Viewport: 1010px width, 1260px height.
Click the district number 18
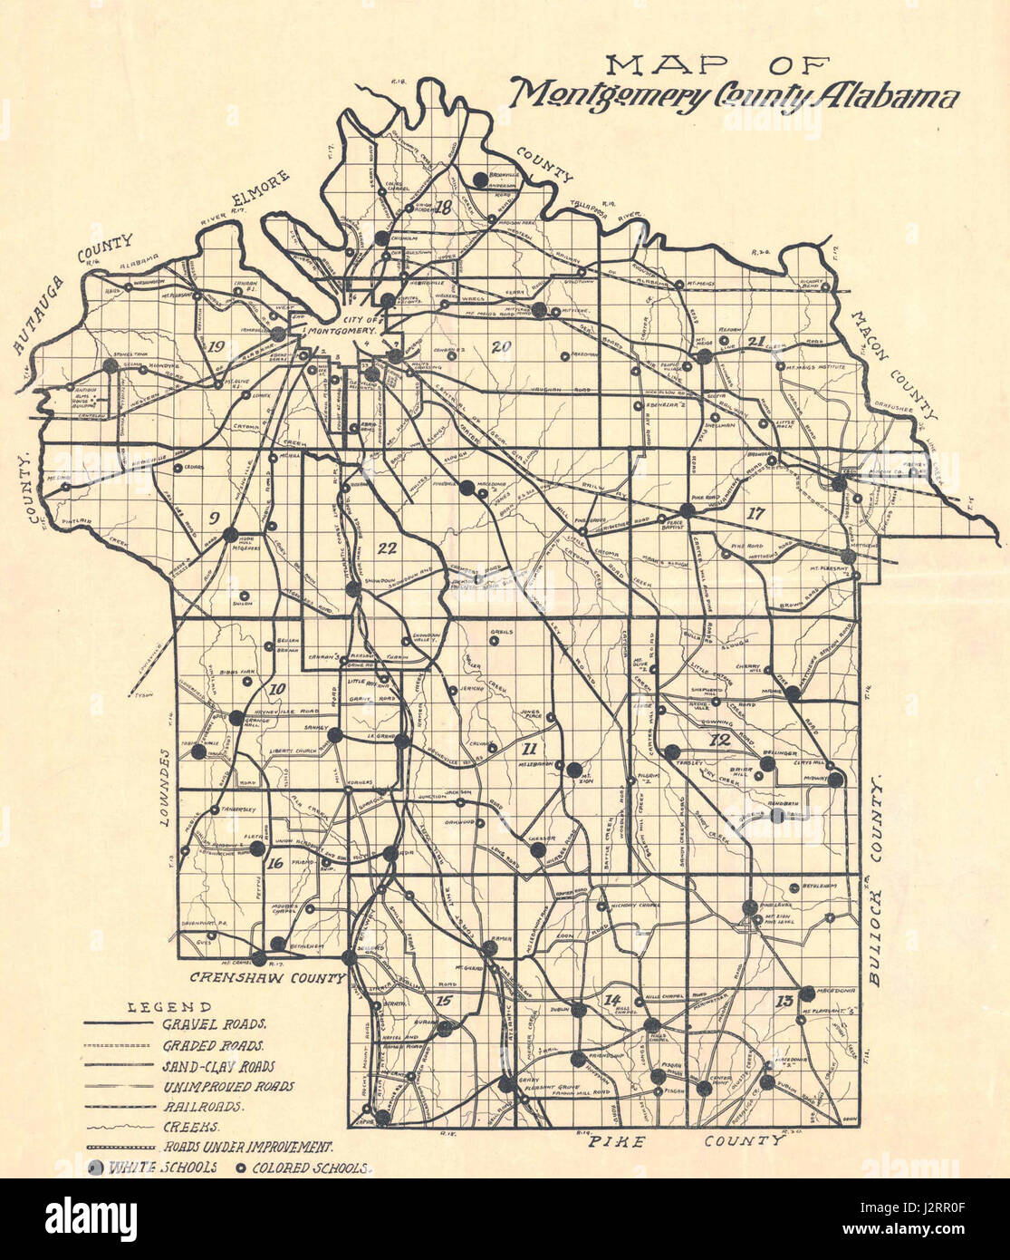[443, 208]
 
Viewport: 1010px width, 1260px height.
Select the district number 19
[216, 347]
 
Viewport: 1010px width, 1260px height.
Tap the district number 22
[388, 548]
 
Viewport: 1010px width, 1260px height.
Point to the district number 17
[755, 513]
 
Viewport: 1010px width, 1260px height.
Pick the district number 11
[530, 748]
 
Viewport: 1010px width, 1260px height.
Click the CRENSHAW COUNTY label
[267, 978]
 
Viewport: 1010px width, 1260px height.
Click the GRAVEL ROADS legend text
[214, 1025]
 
